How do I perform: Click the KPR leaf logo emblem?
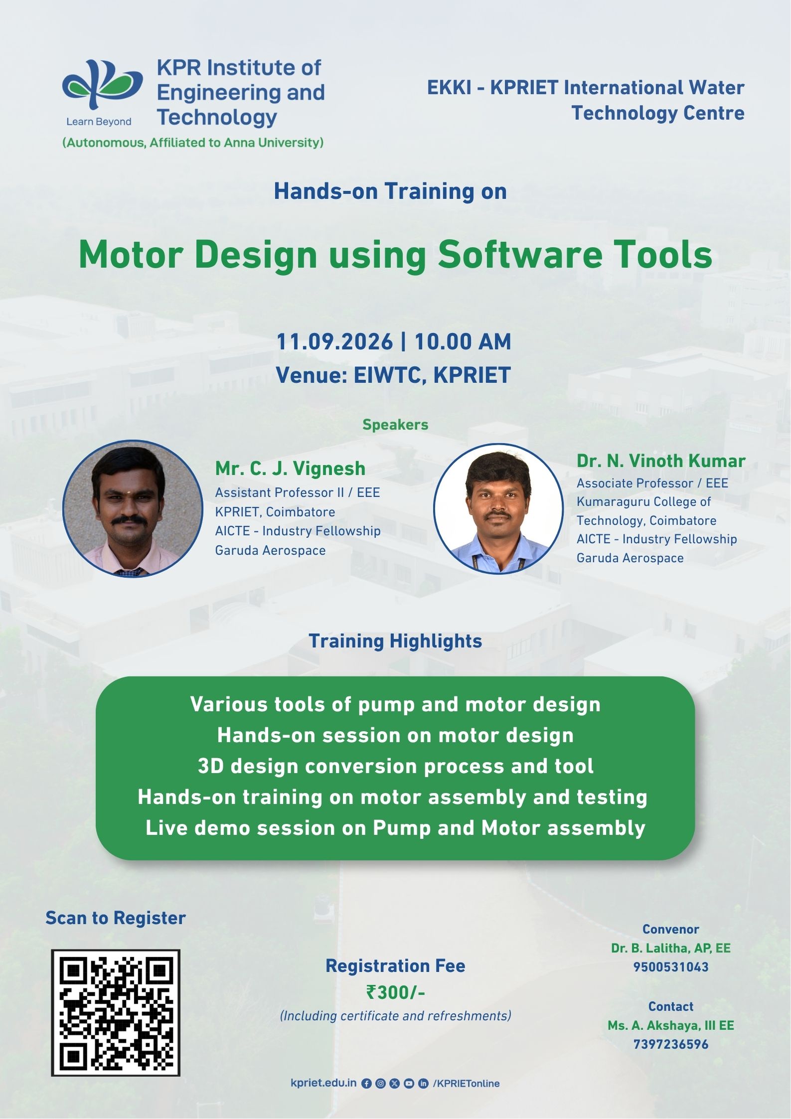coord(102,84)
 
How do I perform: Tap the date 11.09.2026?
coord(334,342)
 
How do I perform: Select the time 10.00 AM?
coord(463,342)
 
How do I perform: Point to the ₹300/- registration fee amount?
coord(396,992)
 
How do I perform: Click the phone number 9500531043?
coord(671,967)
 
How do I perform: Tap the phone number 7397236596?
coord(671,1044)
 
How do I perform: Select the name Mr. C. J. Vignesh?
coord(290,469)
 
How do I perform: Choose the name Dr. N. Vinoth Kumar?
coord(661,461)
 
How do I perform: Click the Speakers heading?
coord(395,425)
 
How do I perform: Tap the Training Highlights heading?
coord(395,641)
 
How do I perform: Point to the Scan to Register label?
coord(116,918)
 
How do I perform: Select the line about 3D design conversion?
coord(395,766)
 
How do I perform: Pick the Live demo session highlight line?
coord(395,828)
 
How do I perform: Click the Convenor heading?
coord(671,929)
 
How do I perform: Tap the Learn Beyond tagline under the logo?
coord(99,122)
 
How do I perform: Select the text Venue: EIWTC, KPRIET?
coord(393,375)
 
